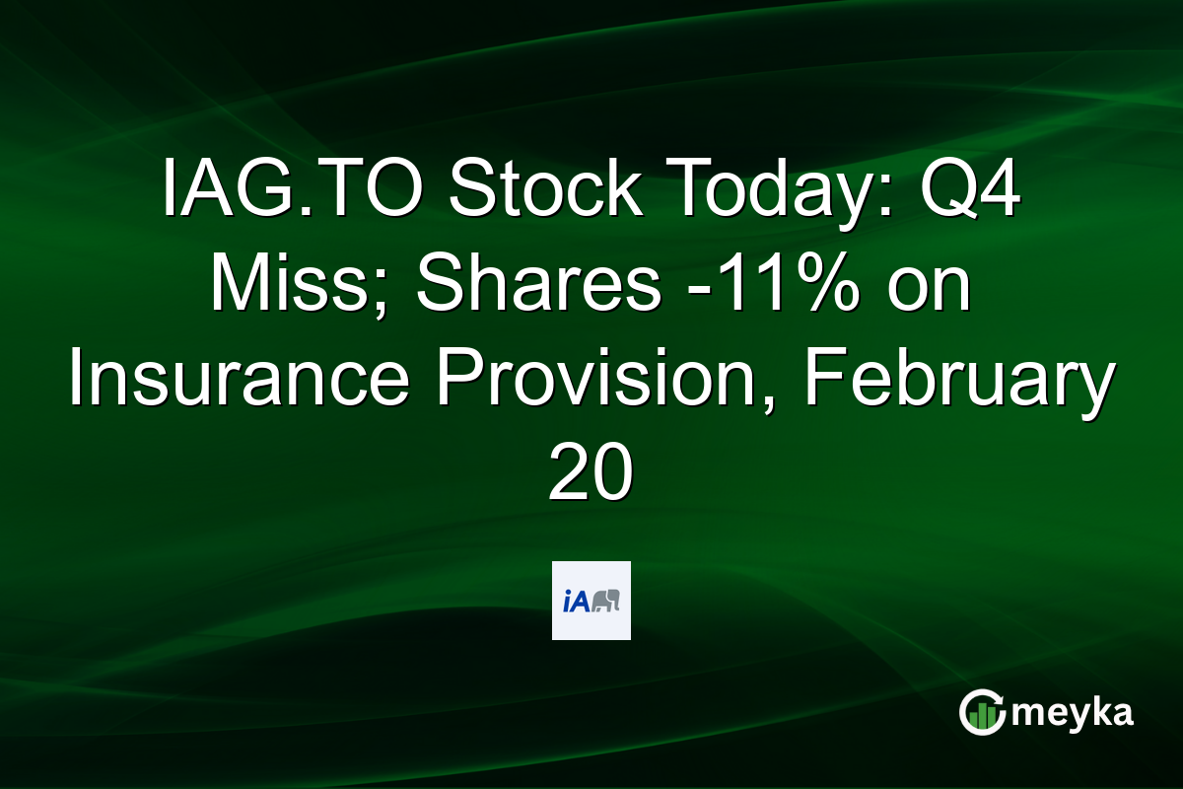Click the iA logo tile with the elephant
tap(591, 601)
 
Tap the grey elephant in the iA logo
tap(604, 601)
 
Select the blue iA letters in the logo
tap(575, 601)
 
